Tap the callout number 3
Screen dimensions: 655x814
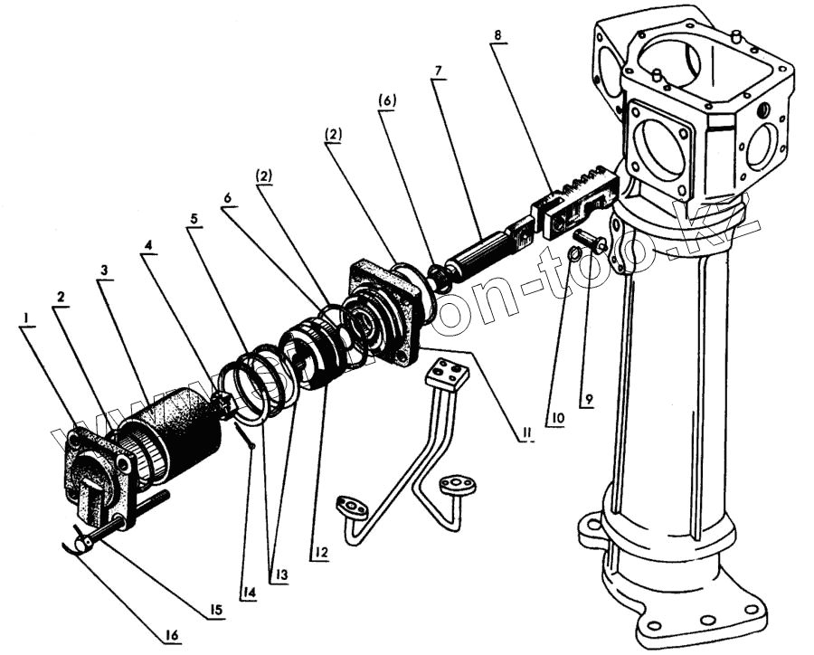(x=105, y=270)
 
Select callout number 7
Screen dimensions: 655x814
(x=438, y=70)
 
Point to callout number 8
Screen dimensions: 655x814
(x=499, y=35)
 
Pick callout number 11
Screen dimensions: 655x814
(x=522, y=433)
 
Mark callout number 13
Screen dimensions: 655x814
(x=282, y=574)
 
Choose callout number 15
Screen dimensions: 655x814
(x=213, y=611)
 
